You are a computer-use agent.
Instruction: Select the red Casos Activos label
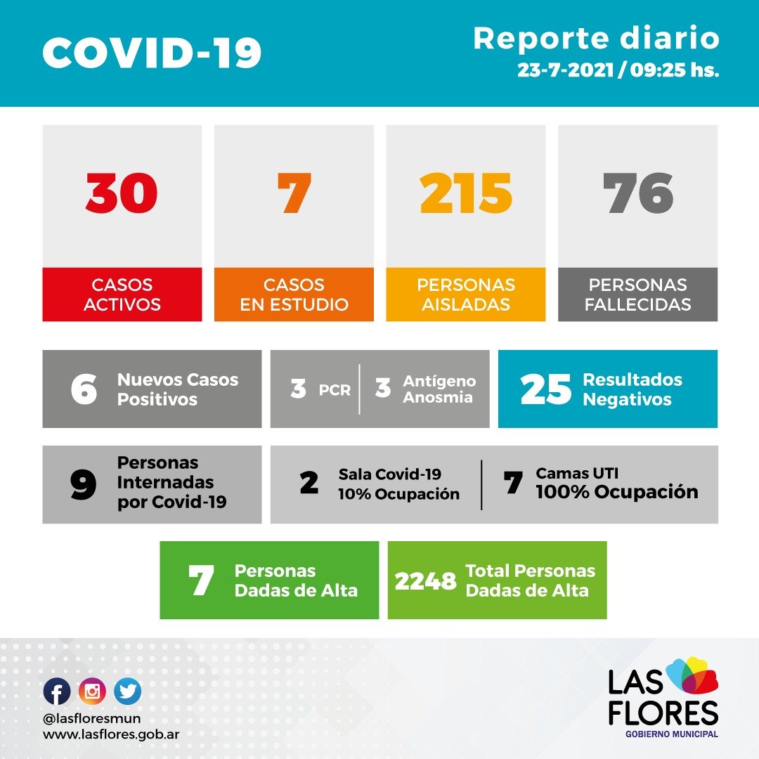[122, 294]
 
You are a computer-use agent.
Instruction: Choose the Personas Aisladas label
[466, 294]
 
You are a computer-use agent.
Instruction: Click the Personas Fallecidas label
[638, 294]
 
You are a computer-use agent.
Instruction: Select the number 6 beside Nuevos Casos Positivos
[84, 389]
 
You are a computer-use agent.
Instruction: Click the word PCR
[335, 390]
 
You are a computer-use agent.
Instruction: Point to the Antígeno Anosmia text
[439, 389]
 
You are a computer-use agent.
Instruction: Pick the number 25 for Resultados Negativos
[545, 390]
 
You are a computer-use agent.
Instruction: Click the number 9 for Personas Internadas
[84, 485]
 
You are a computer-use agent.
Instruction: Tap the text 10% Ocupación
[398, 494]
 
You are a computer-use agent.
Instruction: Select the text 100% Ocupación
[617, 492]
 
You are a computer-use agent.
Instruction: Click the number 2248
[425, 581]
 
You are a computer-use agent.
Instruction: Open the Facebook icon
[57, 692]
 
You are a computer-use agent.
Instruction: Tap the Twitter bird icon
[127, 692]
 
